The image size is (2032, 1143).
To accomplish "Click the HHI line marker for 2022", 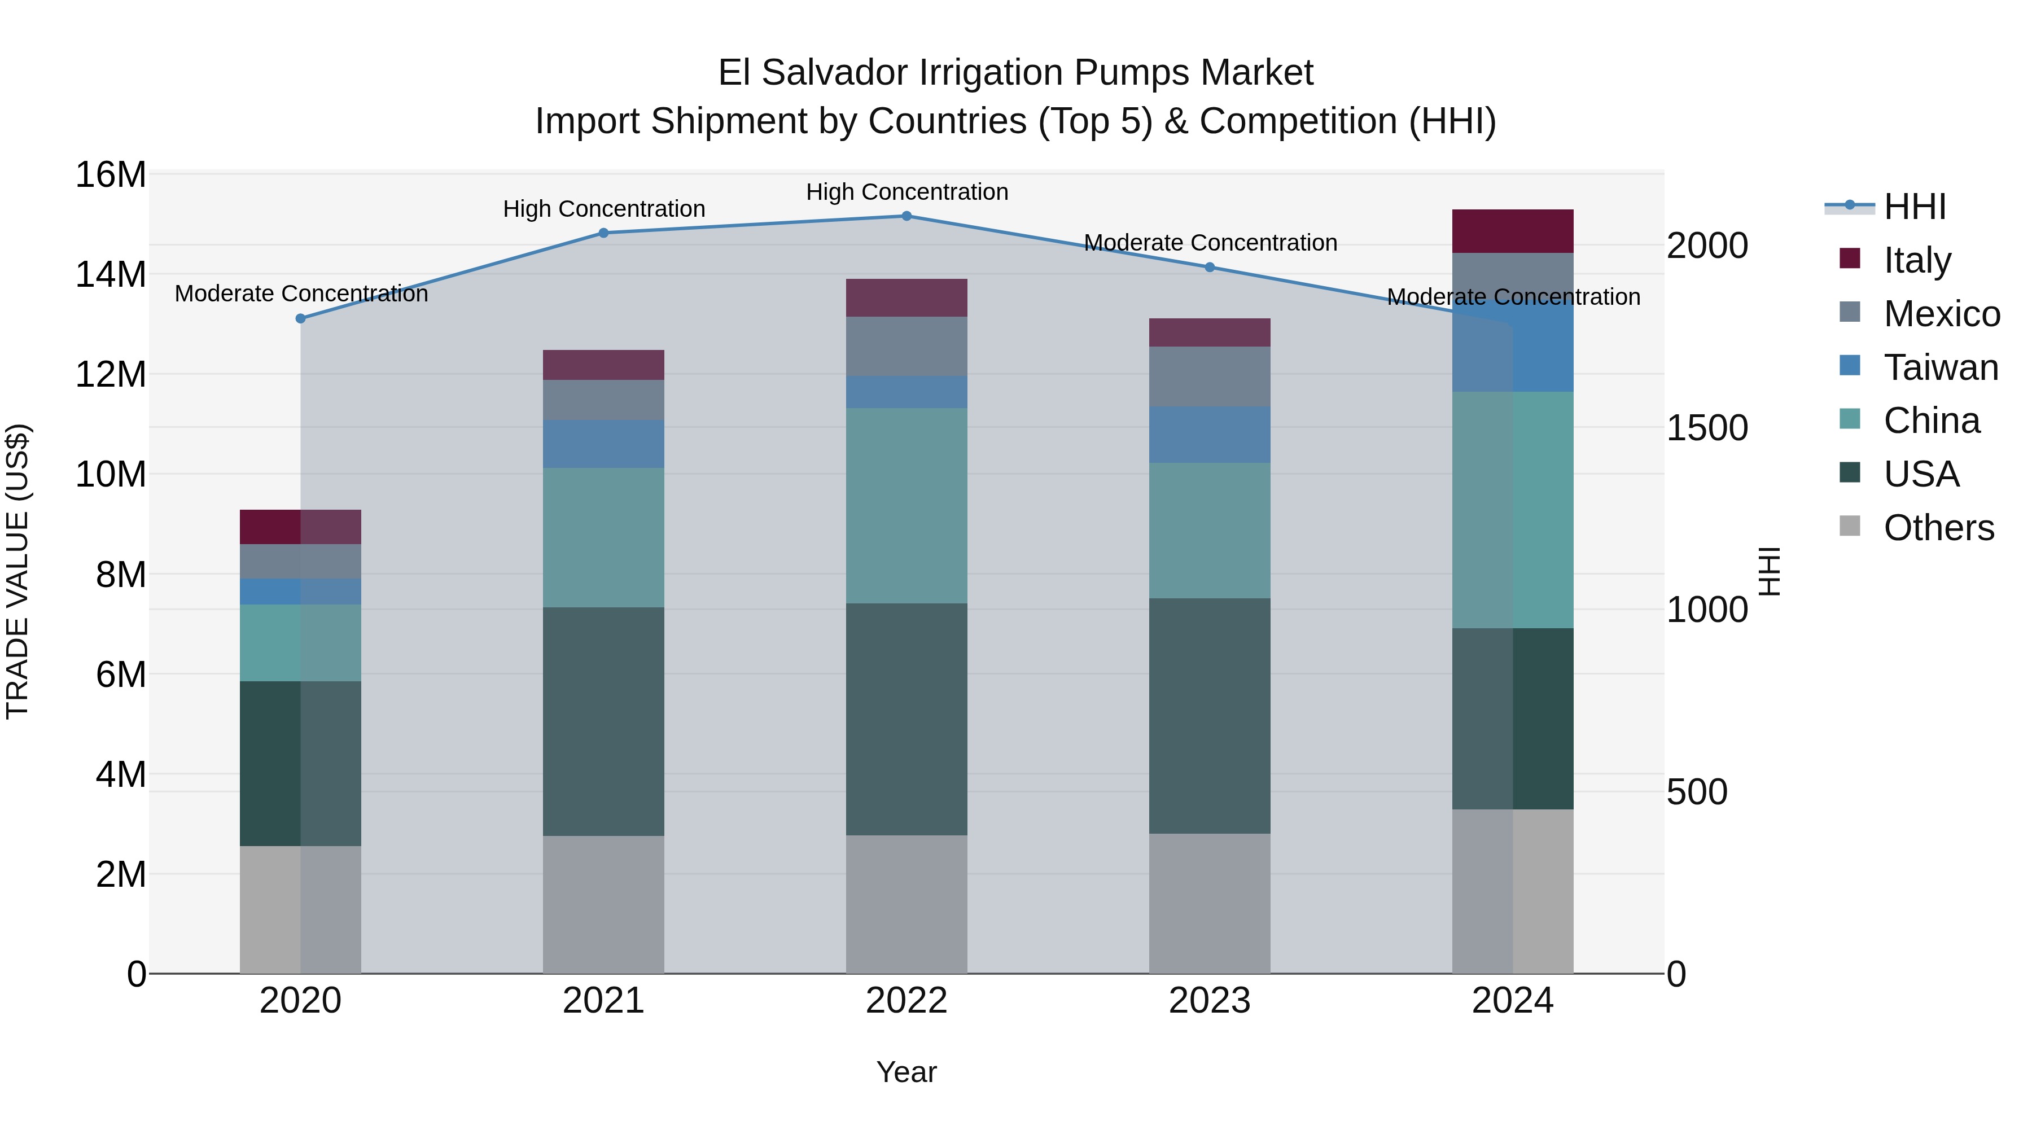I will pos(906,216).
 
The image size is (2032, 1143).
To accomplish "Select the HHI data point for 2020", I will pos(300,319).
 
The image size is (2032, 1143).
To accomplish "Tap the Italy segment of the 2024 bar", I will pos(1512,231).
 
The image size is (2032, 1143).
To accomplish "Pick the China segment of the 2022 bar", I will pos(906,506).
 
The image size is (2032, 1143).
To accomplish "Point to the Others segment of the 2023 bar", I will pos(1209,903).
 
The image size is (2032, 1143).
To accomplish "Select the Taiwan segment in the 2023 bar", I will pos(1209,435).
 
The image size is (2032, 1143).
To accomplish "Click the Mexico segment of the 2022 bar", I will pos(906,347).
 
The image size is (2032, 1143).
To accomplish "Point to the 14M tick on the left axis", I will pos(111,274).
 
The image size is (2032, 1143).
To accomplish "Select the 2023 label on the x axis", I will pos(1209,1001).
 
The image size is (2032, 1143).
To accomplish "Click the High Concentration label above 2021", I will pos(603,209).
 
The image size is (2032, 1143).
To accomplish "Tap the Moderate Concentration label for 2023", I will pos(1210,243).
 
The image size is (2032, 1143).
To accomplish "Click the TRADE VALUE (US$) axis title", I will pos(17,571).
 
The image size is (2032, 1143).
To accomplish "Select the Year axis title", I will pos(906,1072).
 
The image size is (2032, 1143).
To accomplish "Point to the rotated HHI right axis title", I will pos(1770,571).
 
